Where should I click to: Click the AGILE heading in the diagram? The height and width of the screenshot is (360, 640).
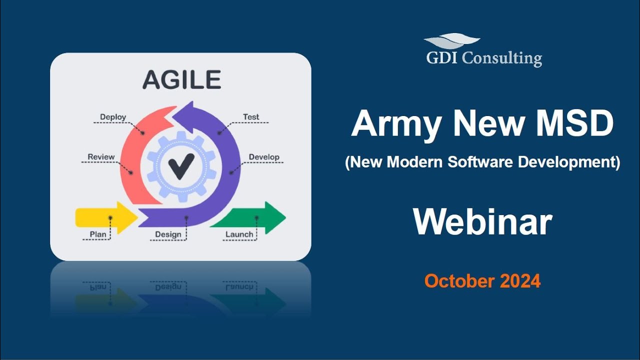point(181,80)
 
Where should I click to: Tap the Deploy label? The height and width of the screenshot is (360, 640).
point(113,117)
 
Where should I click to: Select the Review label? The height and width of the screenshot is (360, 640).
point(101,157)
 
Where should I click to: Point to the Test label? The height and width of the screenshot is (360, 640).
point(251,117)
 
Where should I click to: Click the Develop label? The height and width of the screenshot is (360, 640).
point(264,157)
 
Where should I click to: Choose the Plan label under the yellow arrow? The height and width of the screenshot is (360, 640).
point(97,234)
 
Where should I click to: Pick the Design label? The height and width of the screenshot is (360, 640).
point(168,234)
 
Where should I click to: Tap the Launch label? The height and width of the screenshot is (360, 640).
point(239,234)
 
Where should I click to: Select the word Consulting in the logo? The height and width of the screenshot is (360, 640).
point(501,58)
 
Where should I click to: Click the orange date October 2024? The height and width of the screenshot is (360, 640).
point(482,281)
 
